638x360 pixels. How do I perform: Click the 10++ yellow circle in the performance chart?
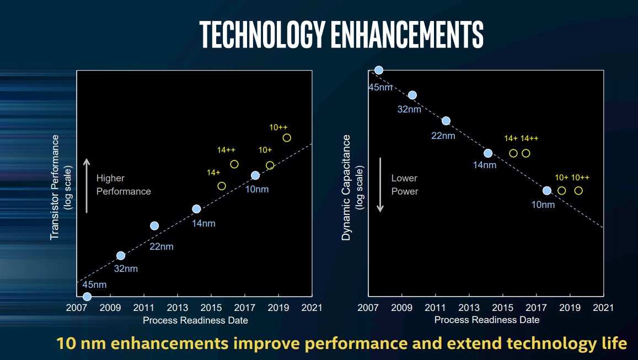[287, 138]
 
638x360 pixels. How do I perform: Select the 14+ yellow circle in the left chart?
[222, 186]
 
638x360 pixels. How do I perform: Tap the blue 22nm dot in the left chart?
[154, 225]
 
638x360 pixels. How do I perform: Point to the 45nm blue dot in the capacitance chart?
[379, 70]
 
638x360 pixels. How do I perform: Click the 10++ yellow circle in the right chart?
[578, 191]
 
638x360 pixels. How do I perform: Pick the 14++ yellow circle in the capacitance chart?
[526, 153]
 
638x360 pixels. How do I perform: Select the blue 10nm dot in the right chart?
[546, 191]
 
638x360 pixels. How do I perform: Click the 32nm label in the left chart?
[126, 268]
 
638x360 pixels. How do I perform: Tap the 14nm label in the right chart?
[485, 165]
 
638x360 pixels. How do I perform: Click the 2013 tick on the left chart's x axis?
[178, 307]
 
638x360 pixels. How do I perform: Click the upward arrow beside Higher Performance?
[86, 185]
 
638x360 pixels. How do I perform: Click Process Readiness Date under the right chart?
[487, 320]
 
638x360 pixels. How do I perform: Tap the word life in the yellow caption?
[613, 343]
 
